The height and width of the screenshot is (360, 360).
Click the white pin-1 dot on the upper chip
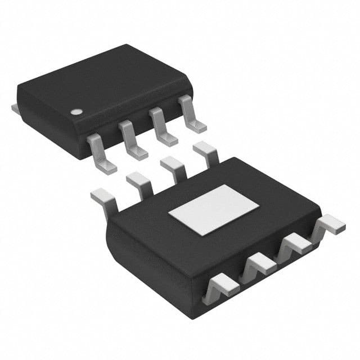pos(74,111)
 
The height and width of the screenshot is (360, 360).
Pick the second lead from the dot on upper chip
pos(130,141)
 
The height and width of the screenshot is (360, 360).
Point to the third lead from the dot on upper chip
pos(161,128)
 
